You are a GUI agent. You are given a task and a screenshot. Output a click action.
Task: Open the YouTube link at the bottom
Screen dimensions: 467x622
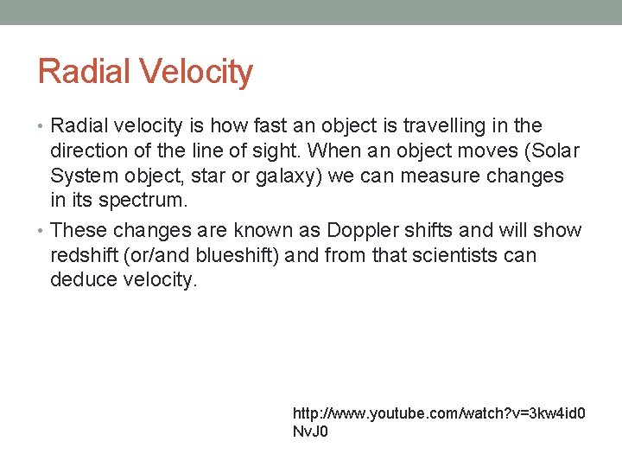pyautogui.click(x=439, y=414)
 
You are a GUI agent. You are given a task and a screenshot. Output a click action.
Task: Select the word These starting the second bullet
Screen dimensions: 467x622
pyautogui.click(x=79, y=231)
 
